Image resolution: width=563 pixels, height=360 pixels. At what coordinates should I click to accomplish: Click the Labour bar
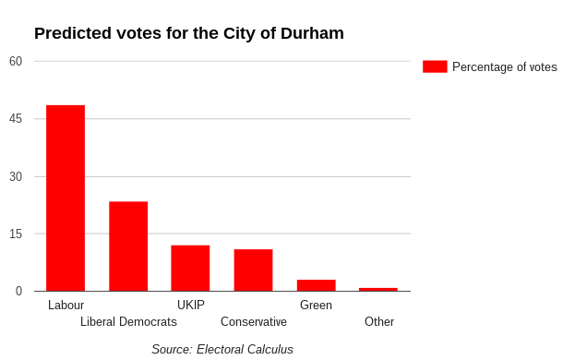(x=66, y=198)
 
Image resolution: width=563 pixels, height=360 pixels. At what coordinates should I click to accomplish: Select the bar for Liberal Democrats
(x=128, y=246)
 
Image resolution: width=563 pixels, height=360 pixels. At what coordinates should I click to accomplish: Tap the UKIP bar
(x=190, y=268)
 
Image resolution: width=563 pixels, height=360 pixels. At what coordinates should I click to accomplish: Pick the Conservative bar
(x=253, y=270)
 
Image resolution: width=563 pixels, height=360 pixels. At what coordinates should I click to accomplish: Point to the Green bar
(x=317, y=285)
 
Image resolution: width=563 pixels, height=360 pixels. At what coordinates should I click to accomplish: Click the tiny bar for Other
(x=378, y=290)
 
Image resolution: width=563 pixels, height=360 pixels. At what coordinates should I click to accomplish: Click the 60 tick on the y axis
(x=16, y=61)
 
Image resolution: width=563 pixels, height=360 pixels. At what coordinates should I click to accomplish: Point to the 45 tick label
(x=16, y=118)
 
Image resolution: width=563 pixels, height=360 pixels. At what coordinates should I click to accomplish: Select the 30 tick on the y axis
(x=16, y=176)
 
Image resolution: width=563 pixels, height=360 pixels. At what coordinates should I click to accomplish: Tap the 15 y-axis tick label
(x=16, y=234)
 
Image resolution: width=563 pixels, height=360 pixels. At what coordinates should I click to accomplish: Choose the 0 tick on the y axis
(x=18, y=291)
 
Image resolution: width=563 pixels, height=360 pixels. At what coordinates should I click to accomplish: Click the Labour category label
(x=66, y=305)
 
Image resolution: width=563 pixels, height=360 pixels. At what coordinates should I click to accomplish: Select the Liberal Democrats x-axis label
(x=128, y=321)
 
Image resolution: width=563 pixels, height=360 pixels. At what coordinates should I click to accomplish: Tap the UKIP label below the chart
(x=191, y=305)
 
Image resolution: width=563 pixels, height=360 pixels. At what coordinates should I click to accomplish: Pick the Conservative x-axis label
(x=254, y=321)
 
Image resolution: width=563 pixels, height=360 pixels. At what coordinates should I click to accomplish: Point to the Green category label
(x=316, y=305)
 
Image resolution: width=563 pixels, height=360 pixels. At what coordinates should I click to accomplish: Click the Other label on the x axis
(x=379, y=321)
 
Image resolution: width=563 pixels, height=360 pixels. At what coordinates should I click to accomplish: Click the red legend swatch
(x=435, y=66)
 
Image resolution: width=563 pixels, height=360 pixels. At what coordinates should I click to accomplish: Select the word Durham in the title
(x=312, y=33)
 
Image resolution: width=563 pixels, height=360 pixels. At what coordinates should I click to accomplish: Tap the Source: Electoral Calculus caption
(x=222, y=349)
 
